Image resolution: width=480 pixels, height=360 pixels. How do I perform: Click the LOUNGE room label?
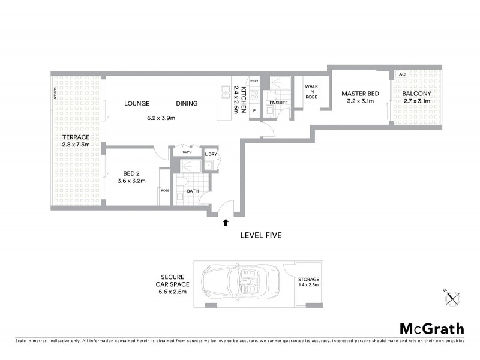[x=137, y=104]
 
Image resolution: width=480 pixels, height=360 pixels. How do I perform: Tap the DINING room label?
[x=187, y=104]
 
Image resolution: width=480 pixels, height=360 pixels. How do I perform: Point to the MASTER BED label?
[x=360, y=94]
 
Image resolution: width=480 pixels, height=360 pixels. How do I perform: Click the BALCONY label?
[x=415, y=94]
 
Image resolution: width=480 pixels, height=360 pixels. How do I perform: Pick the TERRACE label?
[x=75, y=137]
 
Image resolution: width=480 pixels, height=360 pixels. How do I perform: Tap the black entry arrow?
[x=226, y=223]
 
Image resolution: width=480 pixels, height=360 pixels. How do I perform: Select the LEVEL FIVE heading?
[x=262, y=235]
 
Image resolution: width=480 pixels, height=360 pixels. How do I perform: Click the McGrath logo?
[x=431, y=328]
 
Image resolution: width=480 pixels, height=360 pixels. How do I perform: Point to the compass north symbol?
[x=454, y=295]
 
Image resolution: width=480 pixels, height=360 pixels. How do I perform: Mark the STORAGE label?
[x=308, y=280]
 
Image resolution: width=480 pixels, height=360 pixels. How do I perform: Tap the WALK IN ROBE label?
[x=311, y=91]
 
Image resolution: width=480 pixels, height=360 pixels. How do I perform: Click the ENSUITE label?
[x=278, y=103]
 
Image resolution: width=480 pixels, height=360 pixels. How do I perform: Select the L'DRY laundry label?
[x=211, y=155]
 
